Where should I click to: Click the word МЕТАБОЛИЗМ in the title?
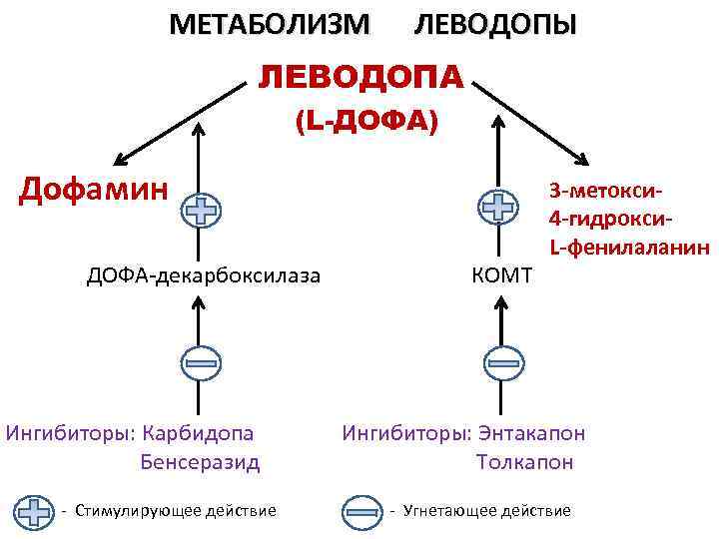tap(269, 24)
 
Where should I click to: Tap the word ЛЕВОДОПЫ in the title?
tap(495, 24)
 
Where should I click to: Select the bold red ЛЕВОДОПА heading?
tap(361, 76)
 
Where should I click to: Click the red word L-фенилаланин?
tap(628, 247)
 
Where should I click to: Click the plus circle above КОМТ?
tap(496, 209)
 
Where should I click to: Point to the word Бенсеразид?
tap(201, 463)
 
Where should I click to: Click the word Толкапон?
tap(525, 463)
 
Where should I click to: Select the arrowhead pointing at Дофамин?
tap(121, 160)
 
